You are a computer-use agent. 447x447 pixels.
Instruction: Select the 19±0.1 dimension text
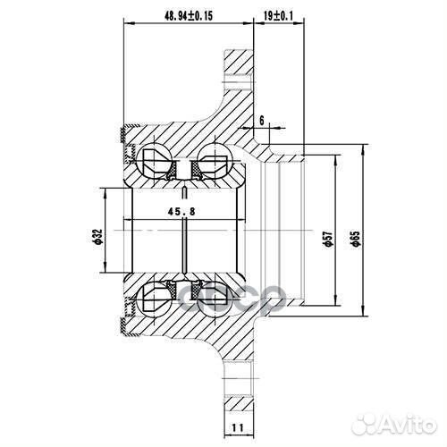coord(278,15)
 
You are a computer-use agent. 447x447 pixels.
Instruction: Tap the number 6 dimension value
coord(262,119)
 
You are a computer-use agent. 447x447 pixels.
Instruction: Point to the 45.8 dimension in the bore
coord(181,212)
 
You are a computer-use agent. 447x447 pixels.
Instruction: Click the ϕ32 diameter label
coord(96,237)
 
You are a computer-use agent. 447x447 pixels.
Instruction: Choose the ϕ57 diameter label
coord(328,233)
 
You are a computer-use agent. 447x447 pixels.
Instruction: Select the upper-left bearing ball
coord(152,159)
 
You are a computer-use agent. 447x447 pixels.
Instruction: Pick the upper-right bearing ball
coord(215,159)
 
